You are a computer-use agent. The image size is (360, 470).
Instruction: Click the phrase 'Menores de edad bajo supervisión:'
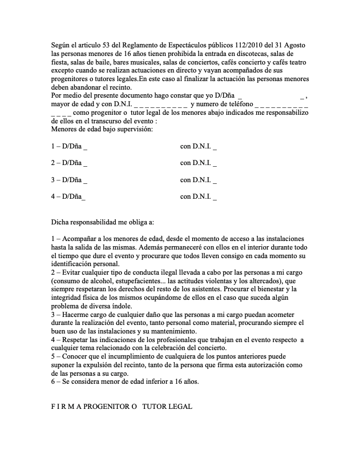click(x=94, y=130)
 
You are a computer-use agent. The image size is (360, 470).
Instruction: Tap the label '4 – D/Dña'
click(x=67, y=196)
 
